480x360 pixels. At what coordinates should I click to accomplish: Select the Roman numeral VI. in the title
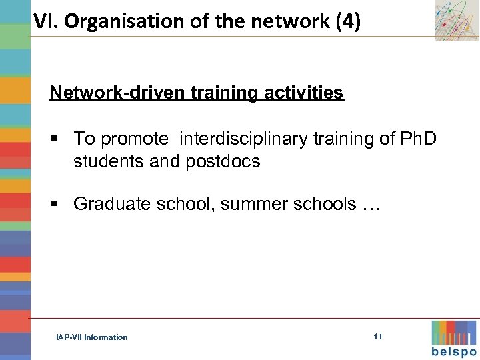pyautogui.click(x=46, y=22)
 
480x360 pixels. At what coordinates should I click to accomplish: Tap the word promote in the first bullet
pyautogui.click(x=137, y=138)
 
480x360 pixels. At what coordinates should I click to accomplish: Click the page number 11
pyautogui.click(x=378, y=337)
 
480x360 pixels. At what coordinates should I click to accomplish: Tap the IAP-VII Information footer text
pyautogui.click(x=92, y=337)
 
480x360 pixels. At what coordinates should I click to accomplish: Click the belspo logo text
pyautogui.click(x=454, y=352)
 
